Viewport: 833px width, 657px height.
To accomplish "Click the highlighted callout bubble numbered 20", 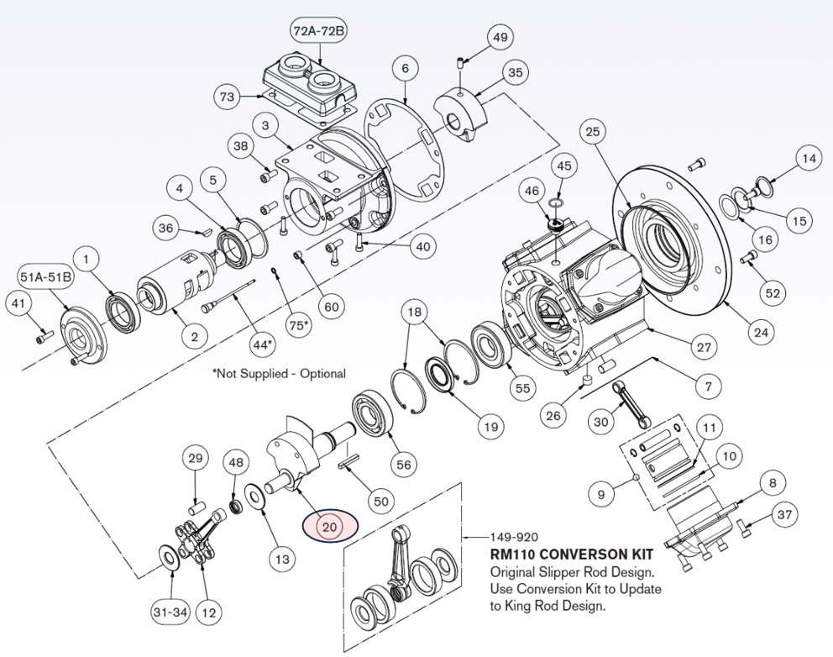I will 329,527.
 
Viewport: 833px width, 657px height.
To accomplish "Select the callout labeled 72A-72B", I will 320,31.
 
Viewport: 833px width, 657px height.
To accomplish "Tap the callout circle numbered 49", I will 500,38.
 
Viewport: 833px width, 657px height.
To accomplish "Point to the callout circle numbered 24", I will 760,332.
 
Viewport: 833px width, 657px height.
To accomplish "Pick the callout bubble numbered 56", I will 405,464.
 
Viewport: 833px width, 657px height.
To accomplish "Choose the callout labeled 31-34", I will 169,612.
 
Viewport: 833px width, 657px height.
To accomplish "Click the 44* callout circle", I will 263,344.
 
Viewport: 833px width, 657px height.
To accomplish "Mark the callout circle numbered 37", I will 784,514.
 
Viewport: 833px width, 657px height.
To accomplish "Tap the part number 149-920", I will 515,537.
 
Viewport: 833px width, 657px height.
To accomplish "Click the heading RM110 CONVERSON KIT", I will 571,555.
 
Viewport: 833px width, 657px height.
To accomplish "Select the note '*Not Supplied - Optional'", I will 279,373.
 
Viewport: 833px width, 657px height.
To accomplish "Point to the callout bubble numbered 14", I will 808,158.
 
